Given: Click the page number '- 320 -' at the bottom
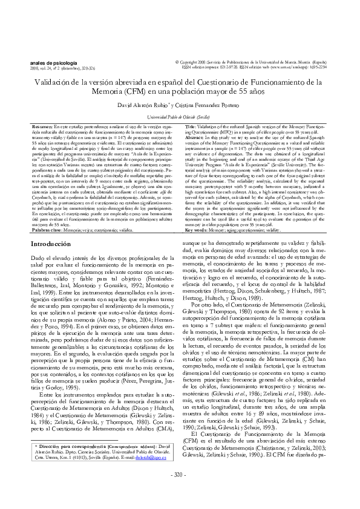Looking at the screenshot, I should [180, 491].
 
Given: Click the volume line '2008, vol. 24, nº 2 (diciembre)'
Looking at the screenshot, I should [61, 68].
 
